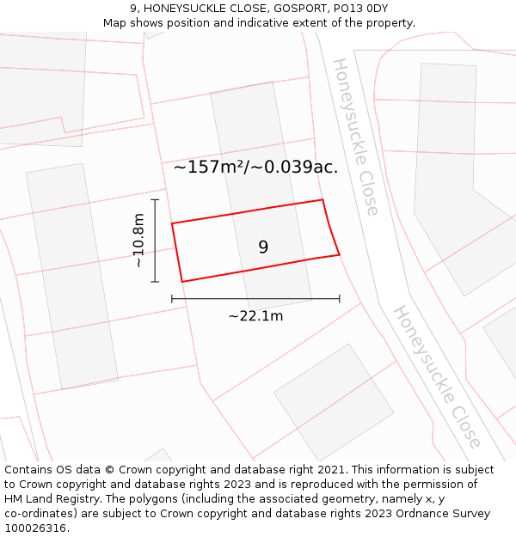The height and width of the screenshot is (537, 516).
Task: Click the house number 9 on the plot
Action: (263, 247)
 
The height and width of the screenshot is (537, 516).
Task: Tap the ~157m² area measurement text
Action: (210, 168)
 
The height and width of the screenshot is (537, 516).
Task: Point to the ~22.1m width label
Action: (255, 316)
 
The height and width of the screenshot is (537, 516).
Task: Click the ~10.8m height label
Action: (138, 241)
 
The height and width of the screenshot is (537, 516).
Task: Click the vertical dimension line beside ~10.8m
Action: (155, 241)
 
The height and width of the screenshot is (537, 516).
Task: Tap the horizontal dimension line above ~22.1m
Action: (255, 298)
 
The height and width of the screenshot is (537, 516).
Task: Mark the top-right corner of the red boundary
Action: (322, 200)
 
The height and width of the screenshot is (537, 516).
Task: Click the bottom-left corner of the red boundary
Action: (181, 281)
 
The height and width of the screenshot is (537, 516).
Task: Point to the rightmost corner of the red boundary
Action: (339, 254)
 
